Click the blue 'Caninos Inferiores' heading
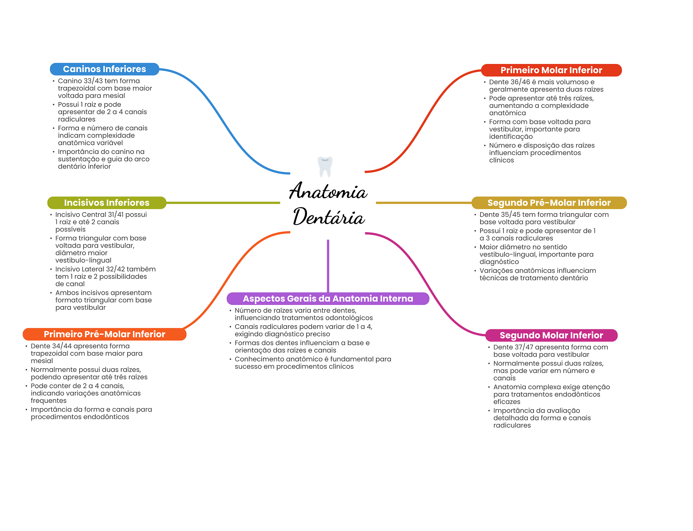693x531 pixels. pos(105,69)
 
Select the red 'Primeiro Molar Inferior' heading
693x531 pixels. pos(551,70)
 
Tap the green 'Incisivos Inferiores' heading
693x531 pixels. pos(107,203)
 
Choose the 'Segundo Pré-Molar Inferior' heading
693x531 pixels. pos(549,203)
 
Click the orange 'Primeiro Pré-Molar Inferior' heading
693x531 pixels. pos(105,334)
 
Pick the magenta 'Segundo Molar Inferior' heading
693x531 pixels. pos(551,335)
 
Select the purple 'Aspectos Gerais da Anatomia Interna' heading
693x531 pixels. pos(328,298)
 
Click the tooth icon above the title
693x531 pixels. pos(325,167)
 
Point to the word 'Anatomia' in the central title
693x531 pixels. pos(328,191)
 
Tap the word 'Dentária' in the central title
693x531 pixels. pos(329,217)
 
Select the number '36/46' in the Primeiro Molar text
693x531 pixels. pos(520,82)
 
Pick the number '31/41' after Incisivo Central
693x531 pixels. pos(116,215)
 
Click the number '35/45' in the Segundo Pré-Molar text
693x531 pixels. pos(511,215)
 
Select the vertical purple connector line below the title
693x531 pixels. pos(328,266)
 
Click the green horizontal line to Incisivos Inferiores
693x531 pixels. pos(223,203)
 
